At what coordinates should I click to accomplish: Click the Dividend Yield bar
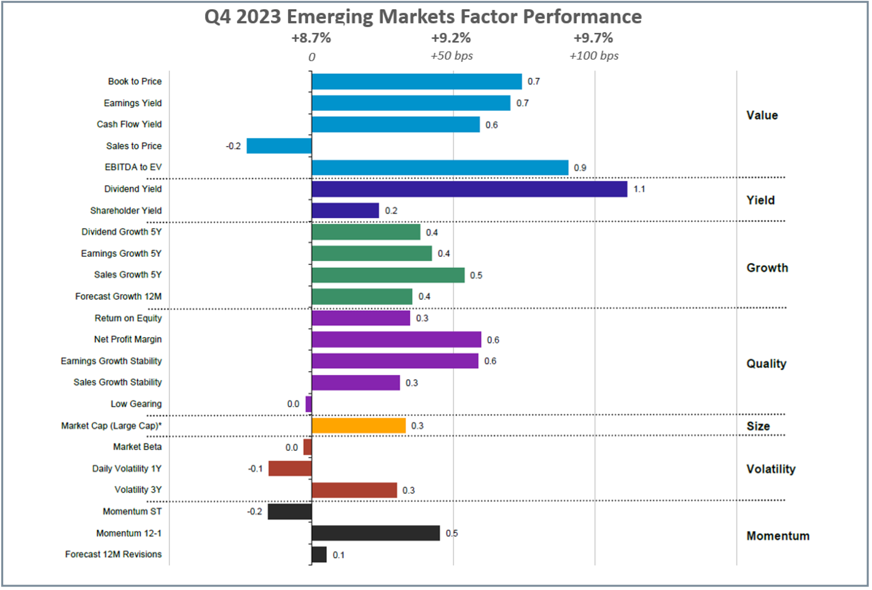[469, 189]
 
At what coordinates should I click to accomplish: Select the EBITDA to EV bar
[440, 167]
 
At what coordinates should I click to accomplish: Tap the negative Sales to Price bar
[279, 146]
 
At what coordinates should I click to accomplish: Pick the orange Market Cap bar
[358, 426]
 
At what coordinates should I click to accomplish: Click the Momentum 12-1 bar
[375, 533]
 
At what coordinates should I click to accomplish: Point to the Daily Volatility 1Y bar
[290, 468]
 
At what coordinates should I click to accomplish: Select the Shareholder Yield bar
[345, 210]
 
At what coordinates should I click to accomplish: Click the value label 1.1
[639, 189]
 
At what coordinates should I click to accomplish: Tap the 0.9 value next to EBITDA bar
[580, 168]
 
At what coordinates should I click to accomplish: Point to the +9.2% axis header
[451, 38]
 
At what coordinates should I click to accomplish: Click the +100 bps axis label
[594, 56]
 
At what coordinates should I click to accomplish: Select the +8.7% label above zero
[311, 38]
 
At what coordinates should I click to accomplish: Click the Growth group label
[767, 268]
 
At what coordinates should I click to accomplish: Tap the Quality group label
[766, 363]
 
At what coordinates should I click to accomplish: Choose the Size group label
[758, 426]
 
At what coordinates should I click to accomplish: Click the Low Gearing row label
[136, 404]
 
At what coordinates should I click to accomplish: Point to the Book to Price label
[135, 81]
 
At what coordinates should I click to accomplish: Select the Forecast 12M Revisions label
[113, 554]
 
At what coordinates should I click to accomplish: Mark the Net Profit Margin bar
[396, 340]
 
